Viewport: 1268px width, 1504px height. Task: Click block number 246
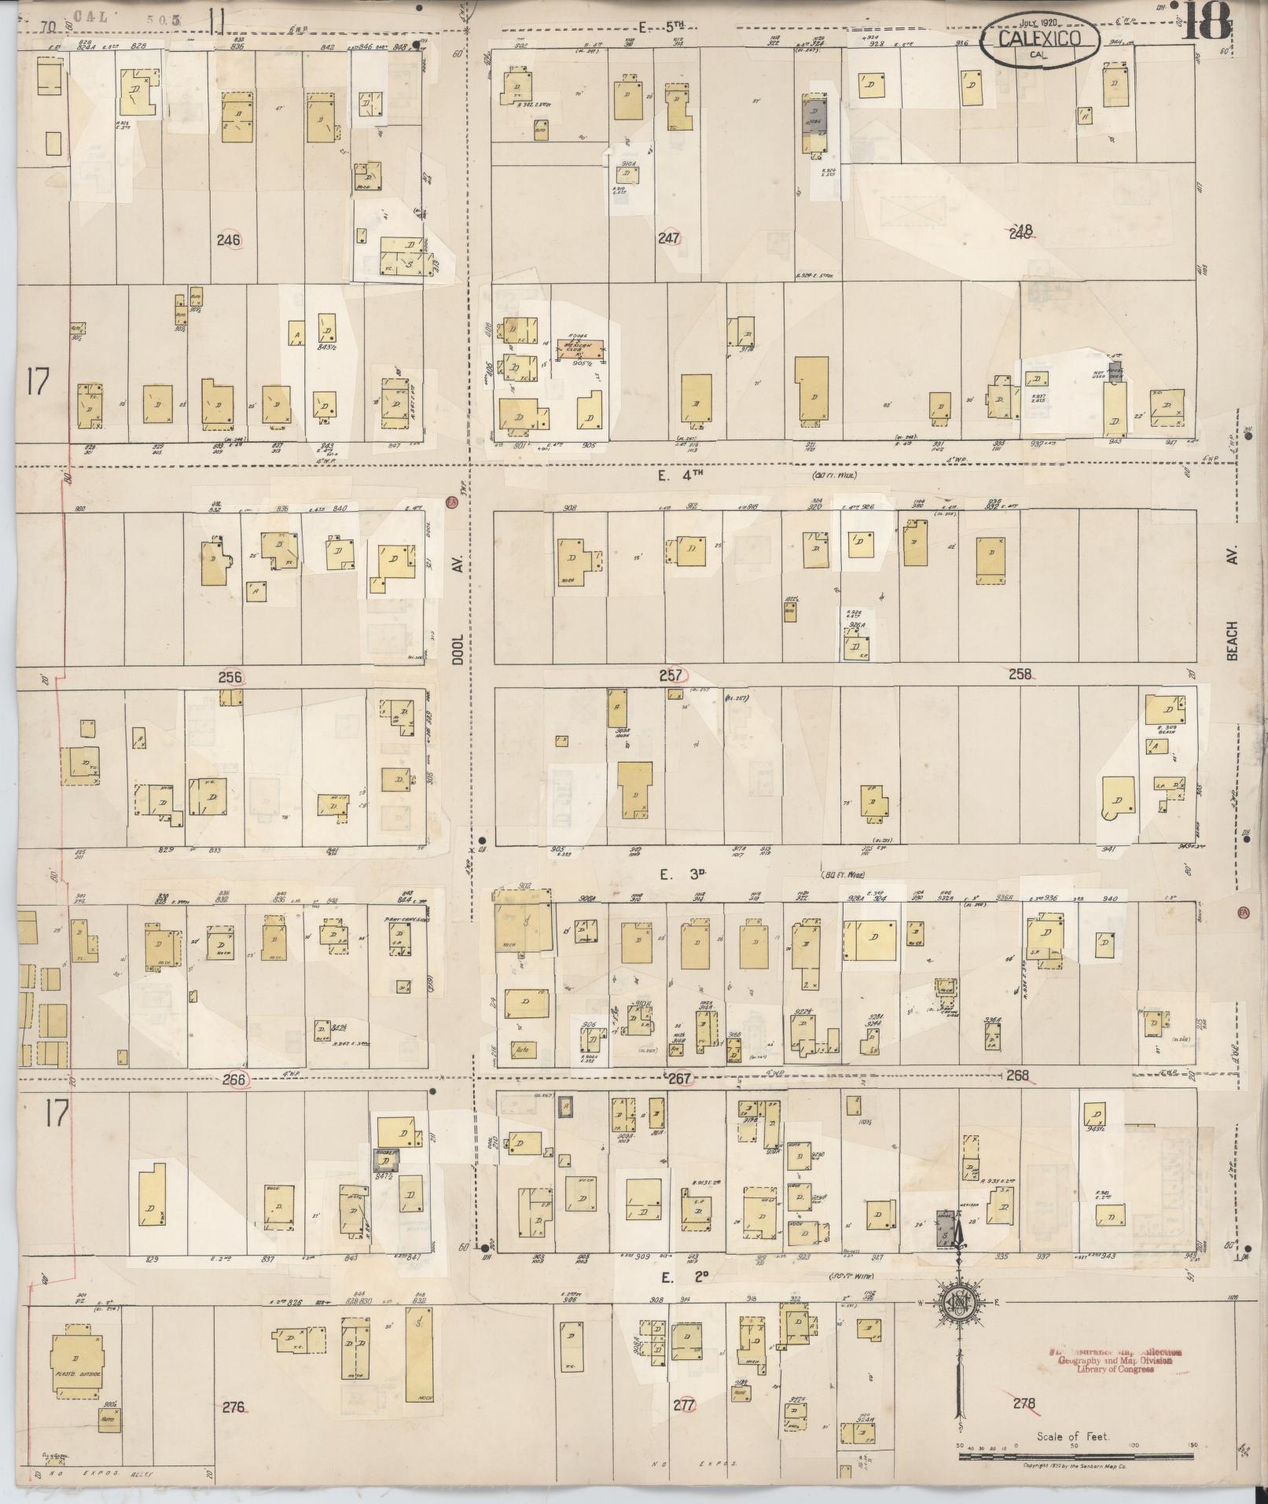click(x=230, y=240)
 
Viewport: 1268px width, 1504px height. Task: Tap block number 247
click(x=669, y=238)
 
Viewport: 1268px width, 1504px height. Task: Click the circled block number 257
click(x=672, y=675)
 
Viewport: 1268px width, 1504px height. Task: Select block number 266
click(x=234, y=1079)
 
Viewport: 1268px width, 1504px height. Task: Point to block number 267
click(x=678, y=1079)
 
